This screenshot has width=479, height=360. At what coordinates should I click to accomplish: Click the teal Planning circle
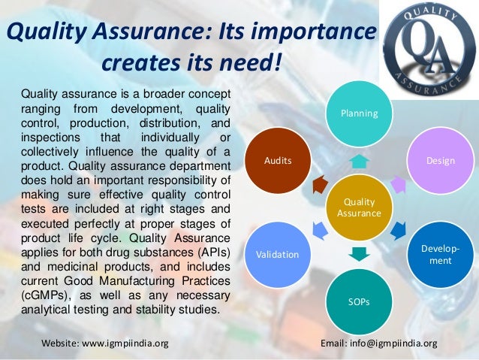click(x=359, y=113)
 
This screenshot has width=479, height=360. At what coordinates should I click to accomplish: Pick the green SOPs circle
click(x=359, y=301)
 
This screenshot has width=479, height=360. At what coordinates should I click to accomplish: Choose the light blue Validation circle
click(x=277, y=254)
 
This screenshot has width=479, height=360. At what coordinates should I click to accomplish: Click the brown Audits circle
click(x=277, y=161)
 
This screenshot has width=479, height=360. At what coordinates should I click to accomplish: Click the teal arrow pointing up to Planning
click(x=359, y=160)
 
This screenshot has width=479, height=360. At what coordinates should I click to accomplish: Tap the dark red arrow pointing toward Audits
click(x=319, y=183)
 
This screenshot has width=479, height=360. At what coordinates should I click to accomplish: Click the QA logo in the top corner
click(x=428, y=45)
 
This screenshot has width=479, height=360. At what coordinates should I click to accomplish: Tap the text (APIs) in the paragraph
click(x=207, y=248)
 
